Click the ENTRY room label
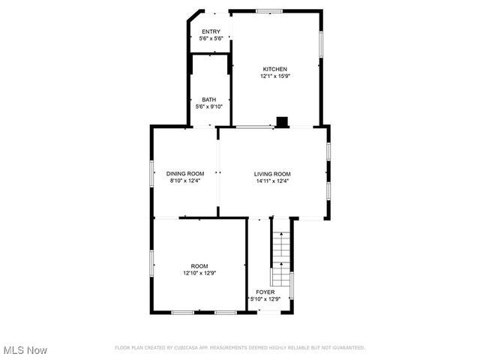pos(211,31)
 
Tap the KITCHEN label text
pos(274,69)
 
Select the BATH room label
pos(208,100)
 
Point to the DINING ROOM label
pos(185,173)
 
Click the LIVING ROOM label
pos(271,173)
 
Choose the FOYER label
pos(265,292)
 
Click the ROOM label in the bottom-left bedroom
pos(199,266)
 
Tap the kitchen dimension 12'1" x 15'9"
pos(274,76)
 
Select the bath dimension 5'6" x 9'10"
pos(208,106)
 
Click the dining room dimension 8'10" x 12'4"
pos(185,180)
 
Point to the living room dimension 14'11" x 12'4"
pos(271,180)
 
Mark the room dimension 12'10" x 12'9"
pos(199,273)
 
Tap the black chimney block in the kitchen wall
pos(282,121)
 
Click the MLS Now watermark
pos(25,350)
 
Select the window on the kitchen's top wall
pos(269,10)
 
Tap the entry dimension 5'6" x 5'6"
pos(211,38)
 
